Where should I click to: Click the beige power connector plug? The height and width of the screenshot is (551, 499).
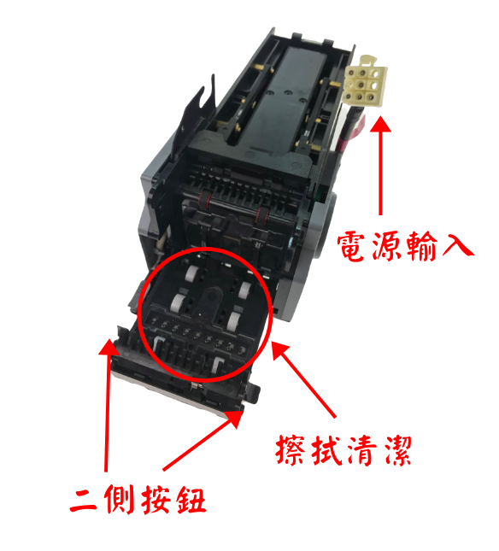click(365, 80)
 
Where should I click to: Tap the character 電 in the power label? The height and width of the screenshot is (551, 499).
click(351, 246)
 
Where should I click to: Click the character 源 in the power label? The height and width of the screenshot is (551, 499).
click(386, 246)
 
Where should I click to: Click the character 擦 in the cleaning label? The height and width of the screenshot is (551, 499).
click(291, 450)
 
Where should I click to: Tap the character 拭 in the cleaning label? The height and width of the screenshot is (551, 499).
click(326, 450)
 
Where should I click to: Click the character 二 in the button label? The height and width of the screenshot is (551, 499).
click(83, 500)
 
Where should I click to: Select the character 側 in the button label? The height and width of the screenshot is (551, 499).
click(120, 500)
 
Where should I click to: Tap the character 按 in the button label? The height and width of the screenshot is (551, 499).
click(156, 500)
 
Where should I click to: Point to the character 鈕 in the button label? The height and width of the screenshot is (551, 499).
click(191, 500)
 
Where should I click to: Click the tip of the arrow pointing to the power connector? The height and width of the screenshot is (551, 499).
click(380, 117)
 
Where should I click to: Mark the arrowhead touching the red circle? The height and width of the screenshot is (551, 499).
click(273, 343)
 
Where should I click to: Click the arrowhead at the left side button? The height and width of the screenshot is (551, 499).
click(109, 339)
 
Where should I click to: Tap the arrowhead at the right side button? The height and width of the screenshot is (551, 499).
click(243, 411)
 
